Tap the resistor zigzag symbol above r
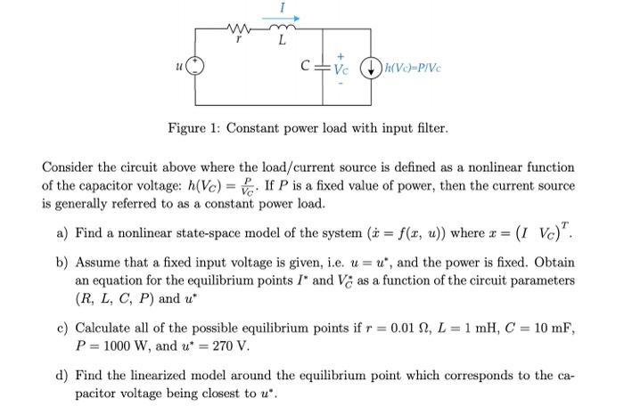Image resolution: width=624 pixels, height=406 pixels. pos(239,28)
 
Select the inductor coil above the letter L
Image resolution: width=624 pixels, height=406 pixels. pos(283,28)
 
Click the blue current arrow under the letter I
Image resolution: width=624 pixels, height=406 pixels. pos(284,17)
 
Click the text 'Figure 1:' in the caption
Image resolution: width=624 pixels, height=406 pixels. pos(193,128)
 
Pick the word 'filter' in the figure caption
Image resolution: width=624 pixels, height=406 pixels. pos(428,128)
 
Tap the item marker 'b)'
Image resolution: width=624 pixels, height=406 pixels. pos(62,264)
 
